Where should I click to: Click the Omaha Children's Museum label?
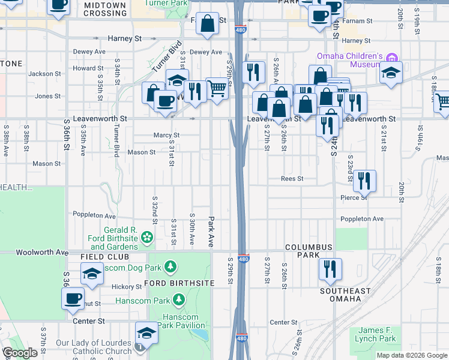tap(346, 61)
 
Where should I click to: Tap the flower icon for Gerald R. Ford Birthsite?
tap(147, 239)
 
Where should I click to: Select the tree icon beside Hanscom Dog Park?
tap(171, 266)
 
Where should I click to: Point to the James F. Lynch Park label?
tap(377, 335)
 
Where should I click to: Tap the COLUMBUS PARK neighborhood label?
tap(309, 251)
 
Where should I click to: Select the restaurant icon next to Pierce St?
tap(364, 181)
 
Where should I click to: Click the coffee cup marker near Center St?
tap(73, 298)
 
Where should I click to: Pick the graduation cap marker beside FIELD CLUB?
tap(91, 274)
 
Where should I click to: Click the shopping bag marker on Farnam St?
tap(207, 25)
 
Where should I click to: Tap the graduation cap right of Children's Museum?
tap(391, 74)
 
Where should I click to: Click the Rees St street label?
tap(293, 179)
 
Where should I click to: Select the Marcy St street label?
tap(166, 136)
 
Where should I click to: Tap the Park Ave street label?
tap(211, 232)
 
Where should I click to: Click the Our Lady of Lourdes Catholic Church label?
tap(94, 347)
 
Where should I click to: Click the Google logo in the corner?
tap(20, 353)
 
